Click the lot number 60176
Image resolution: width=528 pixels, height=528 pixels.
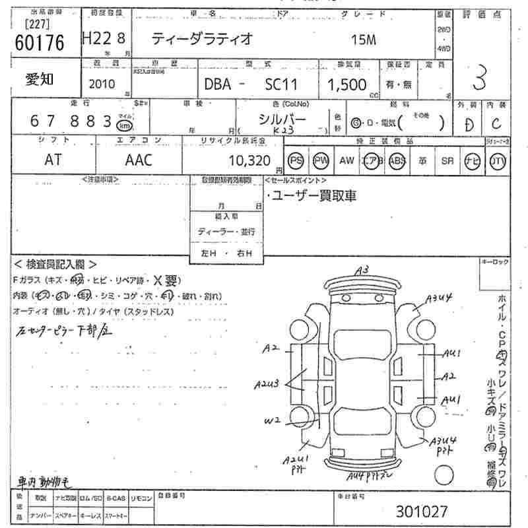39,42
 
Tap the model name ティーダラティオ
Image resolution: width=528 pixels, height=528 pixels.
202,39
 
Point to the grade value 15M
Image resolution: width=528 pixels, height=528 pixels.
363,40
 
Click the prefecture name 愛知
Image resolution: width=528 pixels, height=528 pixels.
40,79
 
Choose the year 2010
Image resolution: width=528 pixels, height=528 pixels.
101,84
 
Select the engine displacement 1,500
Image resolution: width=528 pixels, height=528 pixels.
347,84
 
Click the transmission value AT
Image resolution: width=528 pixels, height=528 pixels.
53,160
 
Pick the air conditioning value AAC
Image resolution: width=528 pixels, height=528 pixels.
138,160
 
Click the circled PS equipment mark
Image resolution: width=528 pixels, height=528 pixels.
296,160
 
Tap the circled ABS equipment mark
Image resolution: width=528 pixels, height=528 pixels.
397,160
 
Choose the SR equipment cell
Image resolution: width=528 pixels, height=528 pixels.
447,160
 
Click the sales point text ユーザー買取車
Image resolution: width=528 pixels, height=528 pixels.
314,196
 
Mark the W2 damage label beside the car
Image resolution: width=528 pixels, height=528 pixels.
273,419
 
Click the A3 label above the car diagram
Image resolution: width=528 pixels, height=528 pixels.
361,270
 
